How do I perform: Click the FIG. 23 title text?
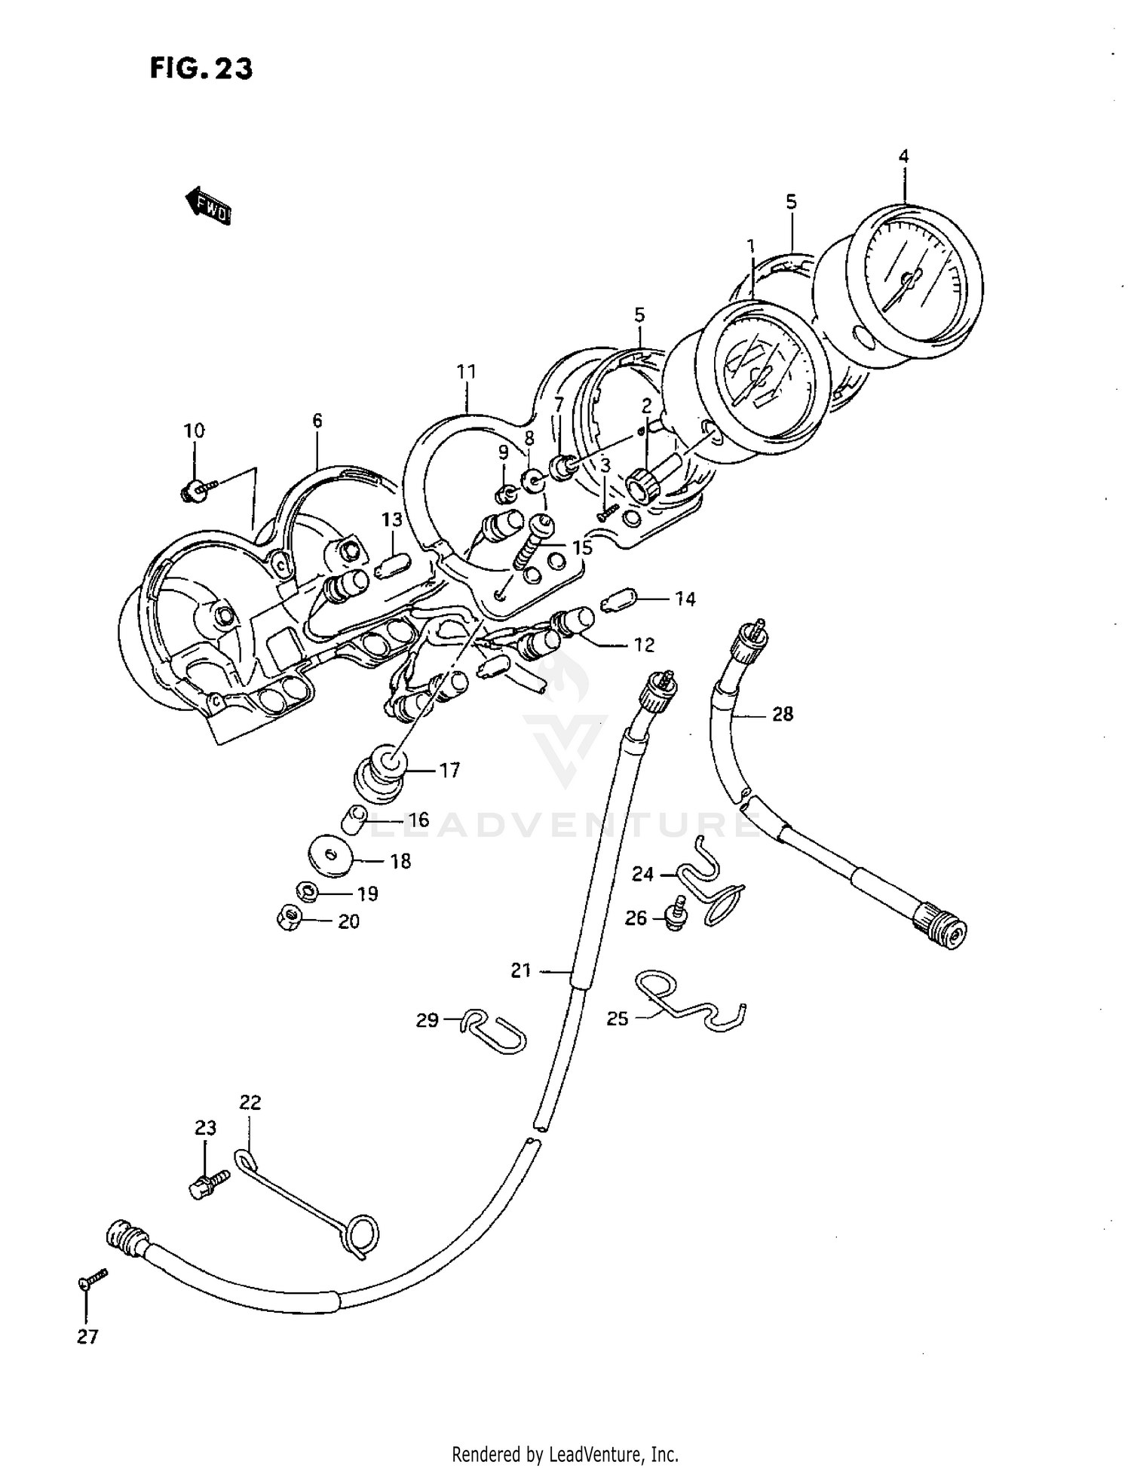[x=201, y=69]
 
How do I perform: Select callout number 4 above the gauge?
[x=903, y=157]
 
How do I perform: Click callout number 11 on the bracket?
[x=466, y=372]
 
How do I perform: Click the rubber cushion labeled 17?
[x=382, y=775]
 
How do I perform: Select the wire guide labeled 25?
[x=690, y=1003]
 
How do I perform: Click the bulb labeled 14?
[x=620, y=601]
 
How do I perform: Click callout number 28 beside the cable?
[x=783, y=713]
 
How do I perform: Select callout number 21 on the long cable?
[x=521, y=971]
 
